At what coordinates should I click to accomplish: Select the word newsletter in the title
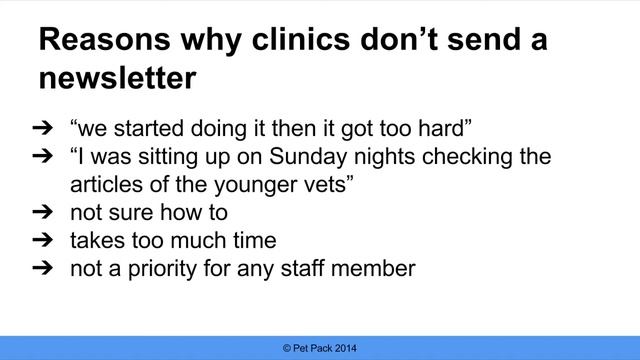point(118,77)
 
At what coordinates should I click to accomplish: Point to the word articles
point(105,186)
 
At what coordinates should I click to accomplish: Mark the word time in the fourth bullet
point(254,242)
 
